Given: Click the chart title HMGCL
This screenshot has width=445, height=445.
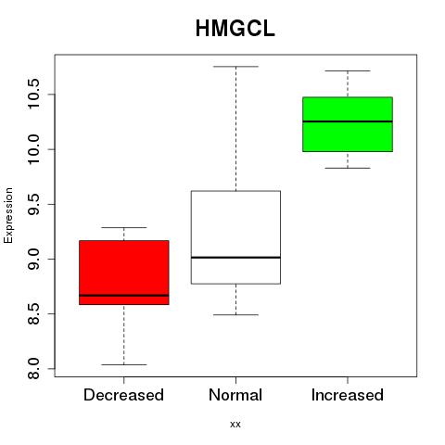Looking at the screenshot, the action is click(x=235, y=29).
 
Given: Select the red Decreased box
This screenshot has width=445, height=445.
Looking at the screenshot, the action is click(x=124, y=273).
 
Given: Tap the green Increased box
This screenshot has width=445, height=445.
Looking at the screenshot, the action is click(x=348, y=124).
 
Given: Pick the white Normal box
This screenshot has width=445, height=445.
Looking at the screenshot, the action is click(x=235, y=237).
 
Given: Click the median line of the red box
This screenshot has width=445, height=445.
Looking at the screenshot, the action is click(x=124, y=296).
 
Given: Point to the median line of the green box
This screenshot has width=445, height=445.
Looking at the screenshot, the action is click(x=348, y=121).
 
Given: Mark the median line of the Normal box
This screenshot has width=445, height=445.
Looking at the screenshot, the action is click(x=235, y=258).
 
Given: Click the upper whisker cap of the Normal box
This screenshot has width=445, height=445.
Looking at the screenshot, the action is click(x=235, y=67).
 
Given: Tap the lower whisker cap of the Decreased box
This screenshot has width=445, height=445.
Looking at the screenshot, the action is click(x=124, y=364).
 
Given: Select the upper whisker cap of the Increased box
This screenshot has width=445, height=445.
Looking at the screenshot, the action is click(x=348, y=70).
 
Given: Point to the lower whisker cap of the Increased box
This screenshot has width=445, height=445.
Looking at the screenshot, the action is click(x=348, y=168).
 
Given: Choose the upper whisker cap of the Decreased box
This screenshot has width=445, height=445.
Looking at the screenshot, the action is click(x=124, y=227).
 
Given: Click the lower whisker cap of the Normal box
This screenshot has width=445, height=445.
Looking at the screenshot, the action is click(x=235, y=315).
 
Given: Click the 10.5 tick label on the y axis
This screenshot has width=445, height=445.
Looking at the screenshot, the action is click(x=33, y=94).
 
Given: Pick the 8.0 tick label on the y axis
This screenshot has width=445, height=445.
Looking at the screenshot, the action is click(x=33, y=368).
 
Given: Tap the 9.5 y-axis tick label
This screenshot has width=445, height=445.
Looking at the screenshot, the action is click(x=33, y=204).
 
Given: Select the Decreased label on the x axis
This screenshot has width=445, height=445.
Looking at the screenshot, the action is click(x=123, y=395).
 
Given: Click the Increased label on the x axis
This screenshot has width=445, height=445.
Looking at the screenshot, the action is click(x=348, y=395).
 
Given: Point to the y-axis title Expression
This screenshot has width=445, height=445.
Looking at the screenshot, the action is click(x=8, y=215).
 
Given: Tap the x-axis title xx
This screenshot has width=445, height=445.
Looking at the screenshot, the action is click(x=235, y=425).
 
